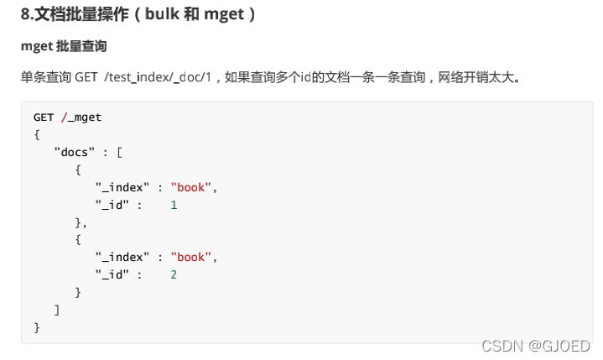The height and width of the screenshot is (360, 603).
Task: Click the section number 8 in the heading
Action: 25,14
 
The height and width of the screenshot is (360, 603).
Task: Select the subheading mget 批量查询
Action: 64,44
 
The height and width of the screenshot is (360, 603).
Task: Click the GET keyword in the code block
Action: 44,117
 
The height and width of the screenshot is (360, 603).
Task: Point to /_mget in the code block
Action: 81,117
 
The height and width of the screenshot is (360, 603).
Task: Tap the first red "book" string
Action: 192,187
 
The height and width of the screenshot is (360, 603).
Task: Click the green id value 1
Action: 174,205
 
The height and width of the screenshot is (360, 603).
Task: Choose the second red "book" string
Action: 192,257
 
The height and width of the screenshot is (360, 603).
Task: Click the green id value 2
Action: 174,274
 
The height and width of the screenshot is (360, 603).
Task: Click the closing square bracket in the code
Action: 57,310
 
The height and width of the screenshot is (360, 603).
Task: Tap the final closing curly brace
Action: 37,327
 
